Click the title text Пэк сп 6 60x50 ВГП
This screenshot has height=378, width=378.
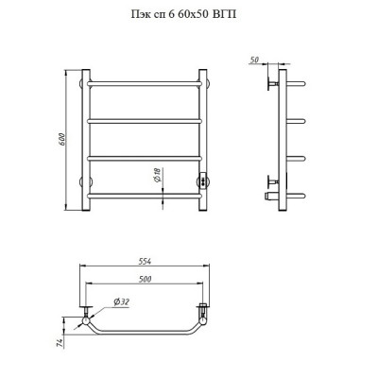183,14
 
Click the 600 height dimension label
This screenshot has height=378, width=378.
62,140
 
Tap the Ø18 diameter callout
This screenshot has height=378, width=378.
158,175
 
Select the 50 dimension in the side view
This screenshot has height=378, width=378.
254,60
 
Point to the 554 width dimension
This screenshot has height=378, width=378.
145,261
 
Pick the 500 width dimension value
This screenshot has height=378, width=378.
145,279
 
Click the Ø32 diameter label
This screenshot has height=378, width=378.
122,302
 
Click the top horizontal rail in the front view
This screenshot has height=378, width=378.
145,84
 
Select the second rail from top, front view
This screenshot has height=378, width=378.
145,121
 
